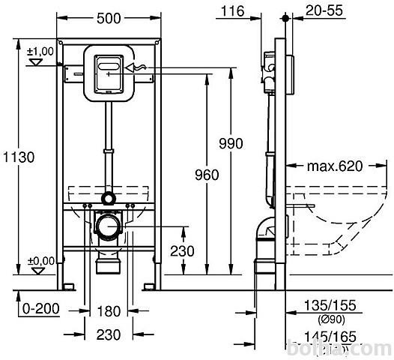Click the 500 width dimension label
click(109, 18)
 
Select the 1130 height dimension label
click(19, 157)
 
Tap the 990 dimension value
click(231, 144)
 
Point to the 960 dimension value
click(207, 175)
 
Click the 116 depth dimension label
click(232, 11)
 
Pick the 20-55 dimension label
click(324, 10)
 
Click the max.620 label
click(335, 166)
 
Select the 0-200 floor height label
click(41, 308)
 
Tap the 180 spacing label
click(109, 311)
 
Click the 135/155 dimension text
click(330, 305)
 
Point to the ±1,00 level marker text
click(40, 52)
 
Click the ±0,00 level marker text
click(41, 261)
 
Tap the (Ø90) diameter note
click(331, 319)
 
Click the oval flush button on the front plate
click(109, 67)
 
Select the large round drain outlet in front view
click(109, 226)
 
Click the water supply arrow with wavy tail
click(136, 67)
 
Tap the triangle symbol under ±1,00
click(36, 62)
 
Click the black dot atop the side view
click(285, 18)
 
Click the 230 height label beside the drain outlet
click(182, 251)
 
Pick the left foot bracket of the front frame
click(69, 286)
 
